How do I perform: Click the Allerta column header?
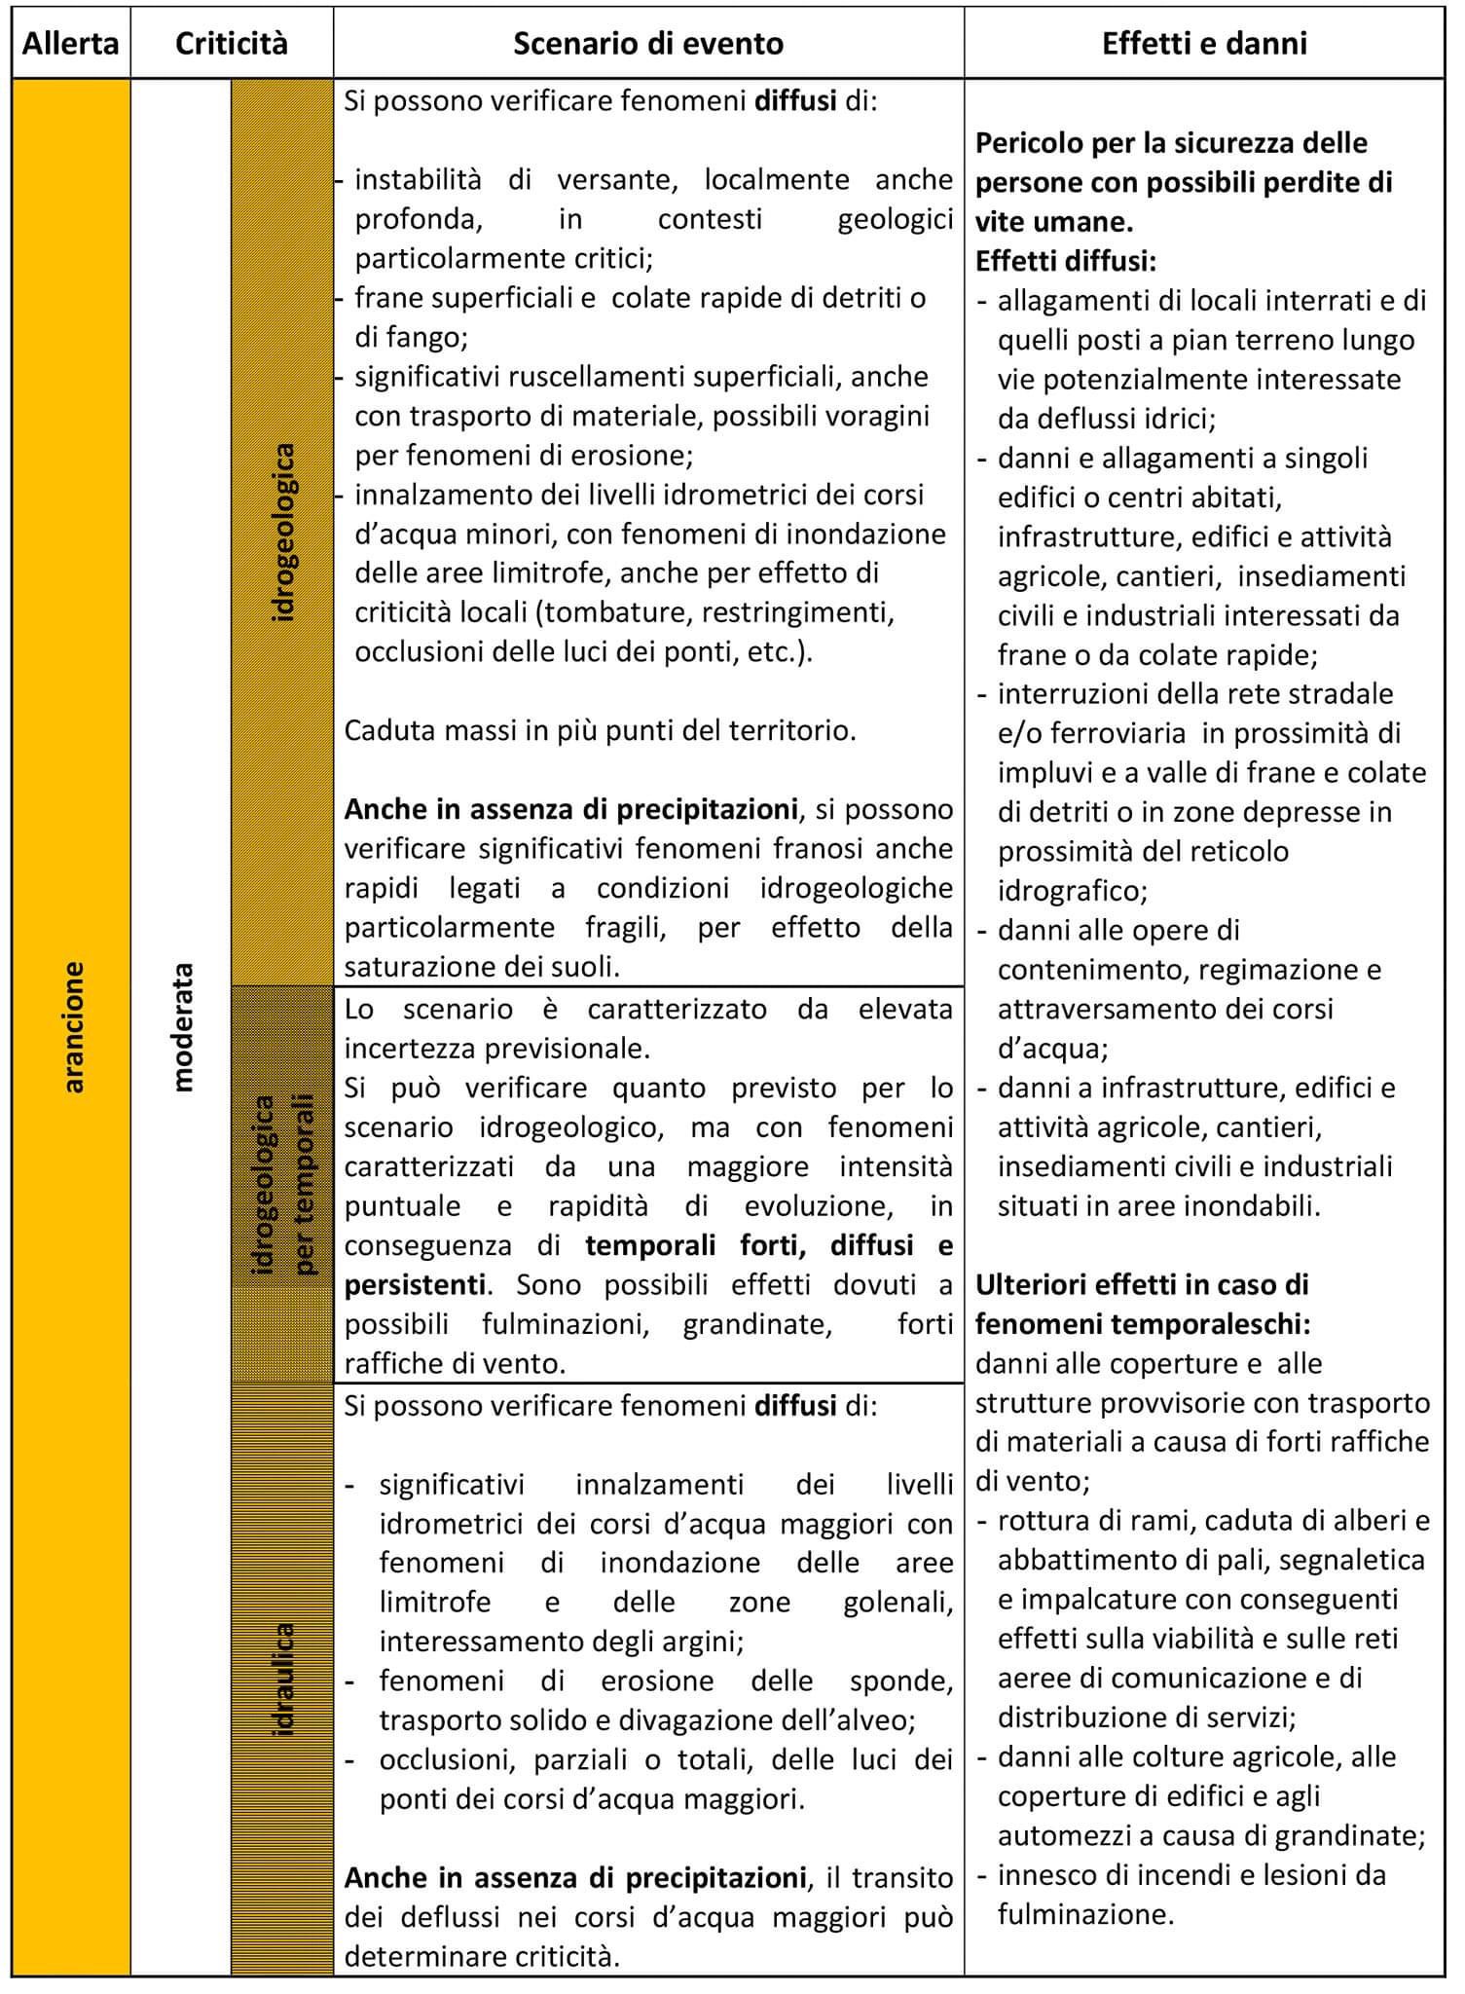(x=71, y=44)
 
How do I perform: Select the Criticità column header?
(x=232, y=44)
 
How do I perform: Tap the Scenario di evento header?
(x=647, y=44)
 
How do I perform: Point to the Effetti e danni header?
(x=1204, y=44)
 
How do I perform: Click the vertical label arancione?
(x=73, y=1027)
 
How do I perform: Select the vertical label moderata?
(x=182, y=1027)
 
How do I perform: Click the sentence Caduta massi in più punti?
(x=600, y=730)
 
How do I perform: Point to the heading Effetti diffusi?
(x=1066, y=261)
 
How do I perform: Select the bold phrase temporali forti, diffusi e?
(x=769, y=1245)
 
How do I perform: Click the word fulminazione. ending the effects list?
(x=1085, y=1915)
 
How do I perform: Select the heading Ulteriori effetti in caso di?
(x=1142, y=1285)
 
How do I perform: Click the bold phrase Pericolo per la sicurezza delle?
(x=1171, y=143)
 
